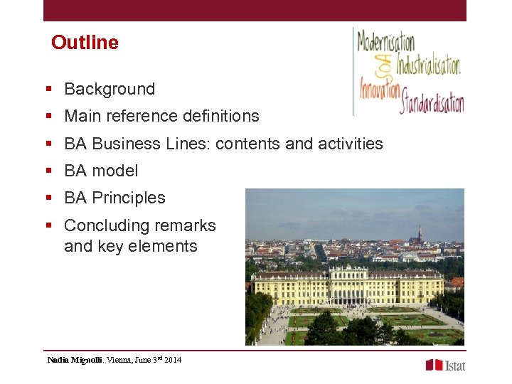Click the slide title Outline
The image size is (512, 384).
tap(85, 43)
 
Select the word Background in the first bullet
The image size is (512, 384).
tap(110, 89)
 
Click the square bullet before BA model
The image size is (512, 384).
tap(49, 171)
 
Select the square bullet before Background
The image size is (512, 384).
tap(49, 89)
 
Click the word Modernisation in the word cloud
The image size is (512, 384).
tap(385, 41)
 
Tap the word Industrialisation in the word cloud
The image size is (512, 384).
tap(428, 65)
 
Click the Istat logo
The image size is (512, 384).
tap(445, 365)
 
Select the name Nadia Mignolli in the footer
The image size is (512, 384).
tap(75, 360)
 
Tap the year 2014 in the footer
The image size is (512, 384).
tap(173, 360)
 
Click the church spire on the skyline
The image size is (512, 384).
tap(420, 233)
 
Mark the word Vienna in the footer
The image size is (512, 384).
tap(118, 360)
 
